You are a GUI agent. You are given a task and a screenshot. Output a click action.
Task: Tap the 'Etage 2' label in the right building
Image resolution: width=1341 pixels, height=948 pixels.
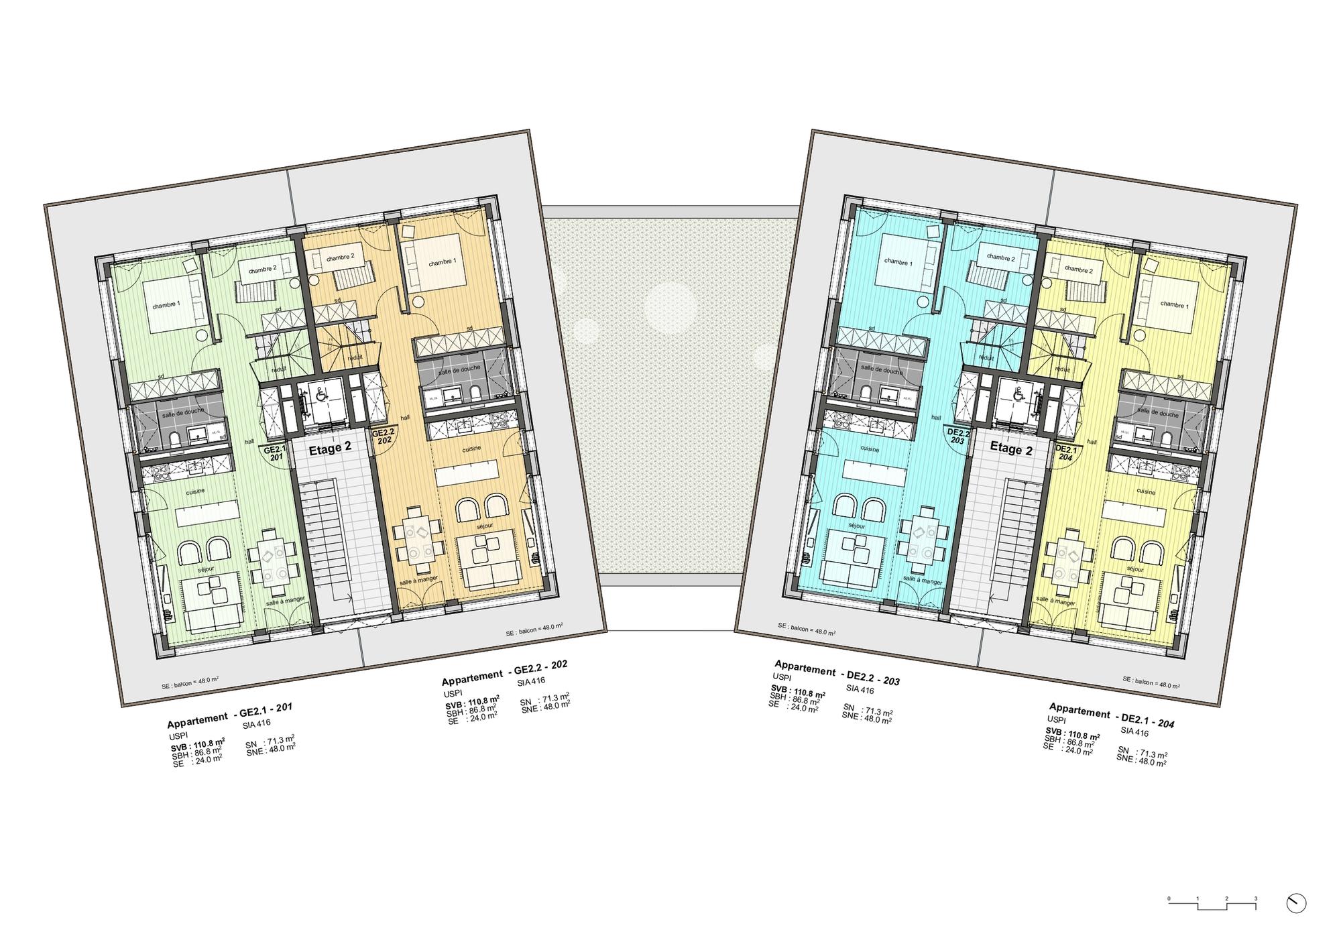click(1011, 449)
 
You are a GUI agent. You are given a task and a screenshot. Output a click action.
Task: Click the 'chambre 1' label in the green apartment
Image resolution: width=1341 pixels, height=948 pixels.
click(166, 305)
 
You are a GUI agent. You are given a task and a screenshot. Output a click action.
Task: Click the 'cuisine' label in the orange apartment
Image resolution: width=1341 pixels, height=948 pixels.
click(471, 449)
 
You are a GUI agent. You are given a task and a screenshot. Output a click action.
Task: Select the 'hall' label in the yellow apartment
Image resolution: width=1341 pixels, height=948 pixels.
click(1092, 442)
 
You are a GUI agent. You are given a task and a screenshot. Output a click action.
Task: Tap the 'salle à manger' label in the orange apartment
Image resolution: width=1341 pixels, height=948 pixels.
click(418, 579)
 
